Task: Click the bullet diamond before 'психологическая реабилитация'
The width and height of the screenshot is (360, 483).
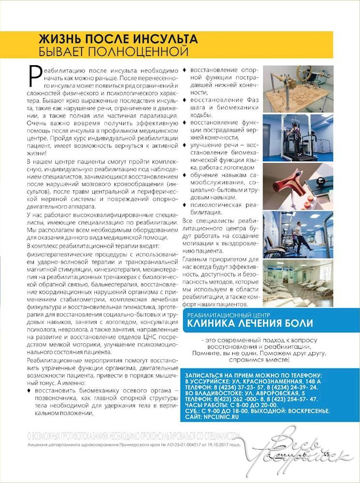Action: pos(184,205)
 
